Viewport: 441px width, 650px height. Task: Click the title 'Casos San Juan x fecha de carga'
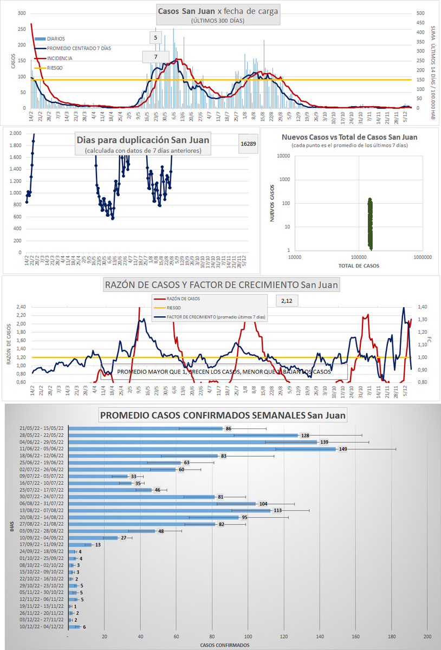coord(218,11)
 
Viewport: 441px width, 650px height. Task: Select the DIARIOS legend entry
coord(56,38)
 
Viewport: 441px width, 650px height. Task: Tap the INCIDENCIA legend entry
coord(60,58)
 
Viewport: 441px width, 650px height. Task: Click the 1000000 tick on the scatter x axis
coord(421,257)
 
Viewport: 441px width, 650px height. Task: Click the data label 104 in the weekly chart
coord(263,504)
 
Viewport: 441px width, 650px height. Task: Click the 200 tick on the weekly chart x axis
coord(427,636)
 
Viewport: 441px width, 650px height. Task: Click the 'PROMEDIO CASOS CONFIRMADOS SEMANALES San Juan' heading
coord(222,416)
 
